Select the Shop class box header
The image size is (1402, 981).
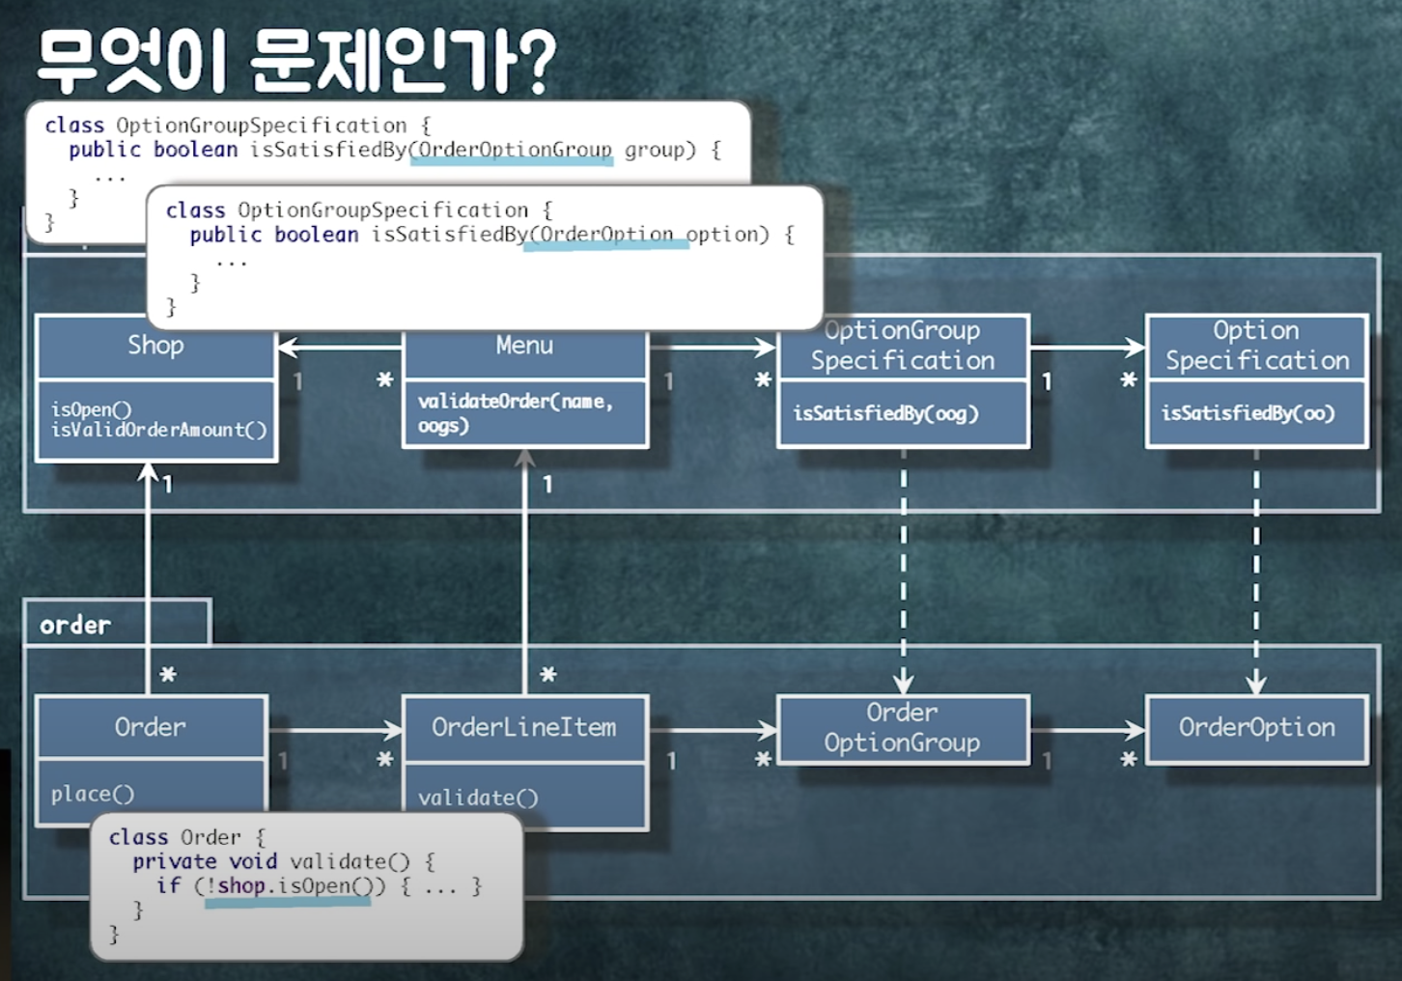(x=155, y=347)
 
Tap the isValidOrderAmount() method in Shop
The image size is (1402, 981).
(x=158, y=430)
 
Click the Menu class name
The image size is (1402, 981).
(x=524, y=346)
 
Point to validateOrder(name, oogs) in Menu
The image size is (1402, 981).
(x=515, y=412)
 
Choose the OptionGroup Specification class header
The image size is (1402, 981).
(x=903, y=346)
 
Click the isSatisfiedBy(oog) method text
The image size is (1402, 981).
(x=885, y=413)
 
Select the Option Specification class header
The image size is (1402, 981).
(x=1256, y=346)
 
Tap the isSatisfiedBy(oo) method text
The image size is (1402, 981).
(x=1248, y=413)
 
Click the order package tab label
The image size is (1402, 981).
(x=75, y=625)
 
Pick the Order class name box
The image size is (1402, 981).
(x=150, y=727)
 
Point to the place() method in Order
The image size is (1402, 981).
(x=93, y=794)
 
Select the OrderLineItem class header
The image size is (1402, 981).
(x=524, y=727)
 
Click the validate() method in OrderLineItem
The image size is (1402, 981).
(x=478, y=798)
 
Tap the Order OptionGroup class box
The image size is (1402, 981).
(x=902, y=728)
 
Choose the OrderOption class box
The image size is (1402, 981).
(x=1256, y=728)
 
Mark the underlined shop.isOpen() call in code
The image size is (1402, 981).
(x=289, y=886)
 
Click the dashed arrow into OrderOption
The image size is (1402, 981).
(x=1255, y=579)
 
